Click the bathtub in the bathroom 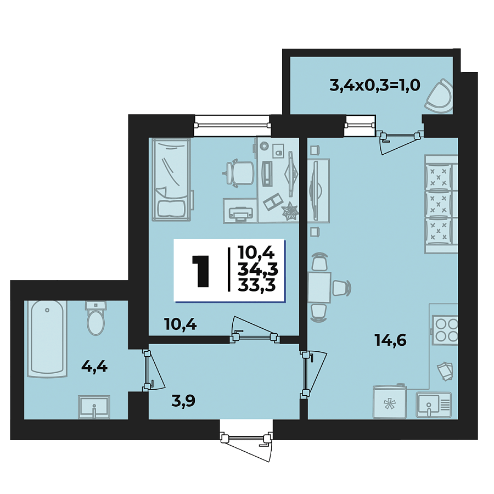47,338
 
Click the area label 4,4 94,366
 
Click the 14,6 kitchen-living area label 390,340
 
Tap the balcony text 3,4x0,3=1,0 374,86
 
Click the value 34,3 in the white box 257,269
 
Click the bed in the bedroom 170,178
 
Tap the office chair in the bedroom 240,172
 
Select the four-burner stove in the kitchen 445,329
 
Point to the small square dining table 319,287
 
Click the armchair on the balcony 440,96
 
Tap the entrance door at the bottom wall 246,440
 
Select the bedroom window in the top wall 233,125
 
